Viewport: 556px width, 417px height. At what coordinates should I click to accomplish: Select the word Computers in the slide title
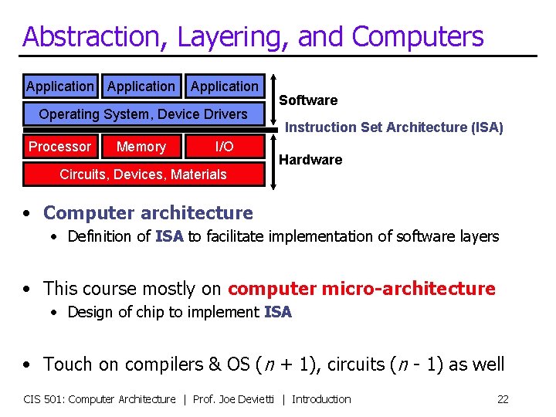[x=419, y=36]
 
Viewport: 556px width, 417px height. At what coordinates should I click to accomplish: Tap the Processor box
[x=59, y=147]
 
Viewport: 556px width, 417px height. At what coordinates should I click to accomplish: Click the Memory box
[x=141, y=147]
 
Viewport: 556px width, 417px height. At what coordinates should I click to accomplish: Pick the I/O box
[x=224, y=147]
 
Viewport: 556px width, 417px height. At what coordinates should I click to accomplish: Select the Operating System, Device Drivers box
[x=143, y=114]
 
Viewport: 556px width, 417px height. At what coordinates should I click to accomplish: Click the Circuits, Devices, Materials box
[x=143, y=175]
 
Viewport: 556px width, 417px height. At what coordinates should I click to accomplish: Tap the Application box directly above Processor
[x=59, y=86]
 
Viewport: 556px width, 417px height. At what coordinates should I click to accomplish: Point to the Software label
[x=308, y=100]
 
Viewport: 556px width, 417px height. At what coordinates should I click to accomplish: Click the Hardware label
[x=310, y=160]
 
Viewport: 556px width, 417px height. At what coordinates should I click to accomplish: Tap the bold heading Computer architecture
[x=148, y=213]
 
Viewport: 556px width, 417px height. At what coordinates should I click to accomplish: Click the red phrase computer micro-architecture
[x=361, y=289]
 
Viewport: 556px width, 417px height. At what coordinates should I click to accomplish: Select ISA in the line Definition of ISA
[x=169, y=237]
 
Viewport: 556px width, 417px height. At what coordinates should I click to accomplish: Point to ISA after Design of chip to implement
[x=278, y=313]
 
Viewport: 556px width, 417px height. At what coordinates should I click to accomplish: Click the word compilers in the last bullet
[x=136, y=364]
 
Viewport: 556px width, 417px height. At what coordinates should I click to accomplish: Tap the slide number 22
[x=503, y=399]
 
